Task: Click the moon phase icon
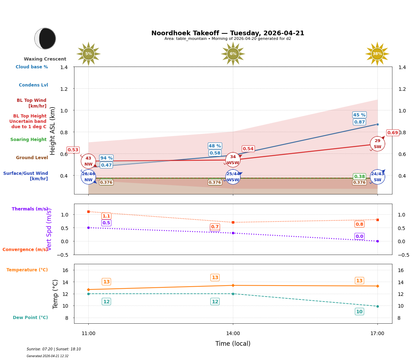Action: coord(45,38)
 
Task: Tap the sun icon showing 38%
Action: coord(377,54)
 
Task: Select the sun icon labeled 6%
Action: coord(233,54)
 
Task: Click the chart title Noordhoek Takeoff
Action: coord(228,33)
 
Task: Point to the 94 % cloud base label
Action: coord(106,158)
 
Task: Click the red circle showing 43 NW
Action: coord(88,161)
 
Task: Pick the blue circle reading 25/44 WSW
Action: coord(233,177)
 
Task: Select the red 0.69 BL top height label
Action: coord(392,133)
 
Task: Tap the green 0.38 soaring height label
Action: coord(359,177)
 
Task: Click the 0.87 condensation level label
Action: coord(359,122)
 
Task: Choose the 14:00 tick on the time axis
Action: coord(233,334)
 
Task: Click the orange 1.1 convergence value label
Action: coord(106,216)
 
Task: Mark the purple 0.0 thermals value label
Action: coord(359,236)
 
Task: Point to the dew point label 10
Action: coord(359,312)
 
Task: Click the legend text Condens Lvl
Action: coord(33,85)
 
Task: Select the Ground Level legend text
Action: coord(32,158)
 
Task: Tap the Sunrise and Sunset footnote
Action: coord(54,349)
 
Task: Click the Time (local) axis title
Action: coord(233,344)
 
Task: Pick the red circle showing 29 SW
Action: coord(377,144)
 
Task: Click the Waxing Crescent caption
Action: coord(45,59)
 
